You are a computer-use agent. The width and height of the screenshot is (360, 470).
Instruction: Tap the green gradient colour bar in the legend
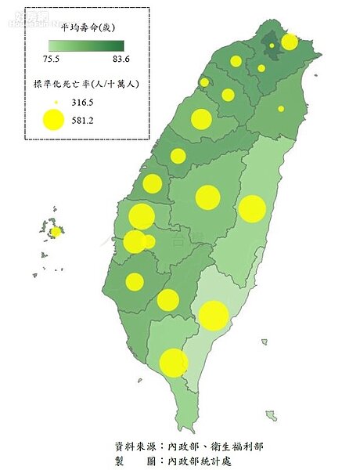click(x=85, y=46)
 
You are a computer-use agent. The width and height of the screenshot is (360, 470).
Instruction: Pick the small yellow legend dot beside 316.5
click(x=53, y=102)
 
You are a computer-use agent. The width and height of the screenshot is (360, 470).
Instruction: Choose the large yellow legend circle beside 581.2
click(x=53, y=120)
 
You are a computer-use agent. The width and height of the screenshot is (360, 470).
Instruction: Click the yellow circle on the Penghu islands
click(x=56, y=232)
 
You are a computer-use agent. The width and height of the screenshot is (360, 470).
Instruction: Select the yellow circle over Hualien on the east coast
click(x=252, y=208)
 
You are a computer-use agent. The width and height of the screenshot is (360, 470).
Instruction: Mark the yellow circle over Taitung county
click(x=213, y=315)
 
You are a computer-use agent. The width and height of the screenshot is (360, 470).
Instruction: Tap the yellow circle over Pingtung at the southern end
click(x=174, y=363)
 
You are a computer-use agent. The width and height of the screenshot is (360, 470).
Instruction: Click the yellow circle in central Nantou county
click(x=208, y=197)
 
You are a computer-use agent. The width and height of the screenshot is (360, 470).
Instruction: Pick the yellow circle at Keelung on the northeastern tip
click(x=290, y=42)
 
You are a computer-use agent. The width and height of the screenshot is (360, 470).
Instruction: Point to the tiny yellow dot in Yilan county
click(x=281, y=108)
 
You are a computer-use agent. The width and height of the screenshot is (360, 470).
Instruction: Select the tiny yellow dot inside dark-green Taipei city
click(x=272, y=46)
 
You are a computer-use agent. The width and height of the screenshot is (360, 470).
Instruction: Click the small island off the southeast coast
click(x=271, y=415)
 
